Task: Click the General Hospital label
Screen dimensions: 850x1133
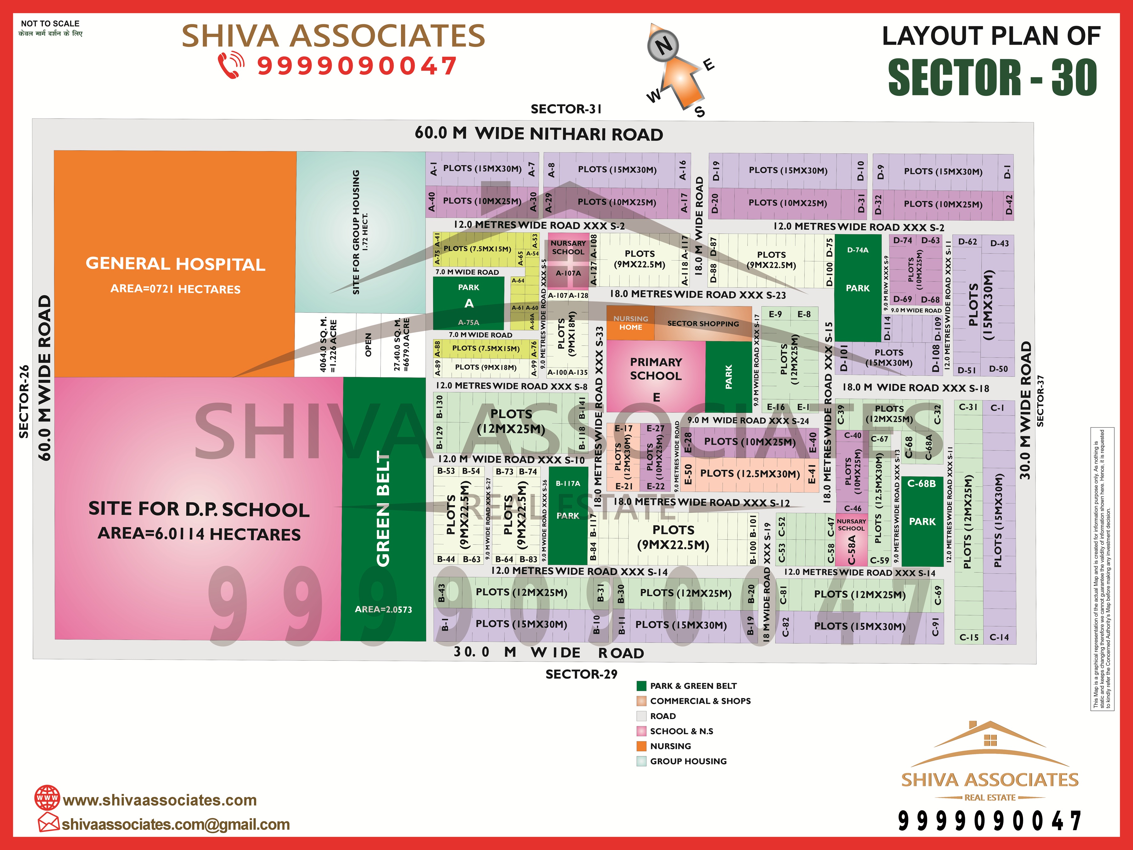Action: pyautogui.click(x=175, y=264)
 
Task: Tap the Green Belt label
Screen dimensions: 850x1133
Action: pyautogui.click(x=383, y=509)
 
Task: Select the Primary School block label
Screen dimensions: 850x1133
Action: pyautogui.click(x=656, y=369)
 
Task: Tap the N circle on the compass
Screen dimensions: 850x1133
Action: pyautogui.click(x=663, y=46)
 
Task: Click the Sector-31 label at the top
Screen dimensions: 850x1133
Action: pyautogui.click(x=566, y=109)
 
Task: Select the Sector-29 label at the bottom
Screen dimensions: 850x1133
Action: pyautogui.click(x=581, y=674)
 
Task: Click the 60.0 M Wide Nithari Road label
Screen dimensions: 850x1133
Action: pyautogui.click(x=539, y=134)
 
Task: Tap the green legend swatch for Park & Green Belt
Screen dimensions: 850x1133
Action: pyautogui.click(x=641, y=686)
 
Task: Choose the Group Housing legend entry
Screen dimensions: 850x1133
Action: pyautogui.click(x=688, y=761)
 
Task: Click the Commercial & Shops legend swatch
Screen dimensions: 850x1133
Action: pyautogui.click(x=641, y=701)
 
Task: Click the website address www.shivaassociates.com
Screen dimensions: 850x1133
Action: pyautogui.click(x=160, y=800)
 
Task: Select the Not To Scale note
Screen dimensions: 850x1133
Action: pyautogui.click(x=50, y=24)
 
